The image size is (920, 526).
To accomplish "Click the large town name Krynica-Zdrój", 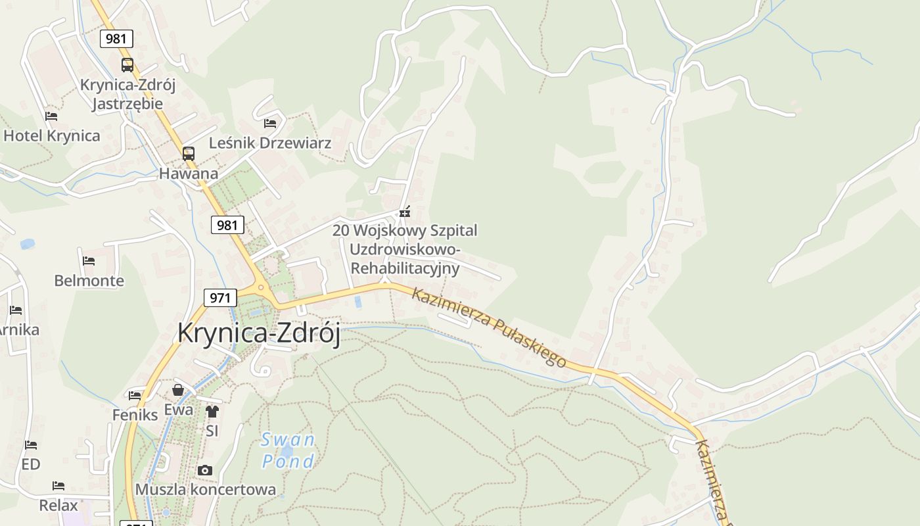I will point(259,333).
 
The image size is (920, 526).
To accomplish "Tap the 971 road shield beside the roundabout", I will point(219,298).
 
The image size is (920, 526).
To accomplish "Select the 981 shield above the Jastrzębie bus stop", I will point(116,39).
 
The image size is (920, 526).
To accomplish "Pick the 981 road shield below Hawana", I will point(227,226).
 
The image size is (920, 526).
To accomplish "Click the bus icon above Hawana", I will point(189,154).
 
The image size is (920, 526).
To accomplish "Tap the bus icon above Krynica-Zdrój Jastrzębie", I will point(127,65).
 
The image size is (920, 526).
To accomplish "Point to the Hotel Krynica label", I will point(52,136).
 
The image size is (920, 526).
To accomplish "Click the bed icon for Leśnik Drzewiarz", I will point(270,123).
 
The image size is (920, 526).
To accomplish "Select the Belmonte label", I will point(89,281).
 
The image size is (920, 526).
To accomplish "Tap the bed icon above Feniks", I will point(135,395).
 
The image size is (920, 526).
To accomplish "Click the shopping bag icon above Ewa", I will point(178,390).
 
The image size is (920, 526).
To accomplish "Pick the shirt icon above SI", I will point(212,412).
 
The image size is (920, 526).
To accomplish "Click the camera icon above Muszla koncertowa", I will point(205,470).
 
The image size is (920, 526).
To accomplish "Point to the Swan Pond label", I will point(288,450).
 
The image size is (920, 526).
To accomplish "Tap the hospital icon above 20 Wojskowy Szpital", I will point(405,212).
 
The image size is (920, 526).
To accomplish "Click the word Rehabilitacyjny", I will point(405,268).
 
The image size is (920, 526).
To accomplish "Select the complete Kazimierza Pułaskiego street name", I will point(488,327).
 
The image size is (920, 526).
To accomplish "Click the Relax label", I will point(58,506).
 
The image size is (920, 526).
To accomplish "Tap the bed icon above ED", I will point(31,445).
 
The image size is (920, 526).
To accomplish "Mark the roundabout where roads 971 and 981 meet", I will point(262,287).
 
